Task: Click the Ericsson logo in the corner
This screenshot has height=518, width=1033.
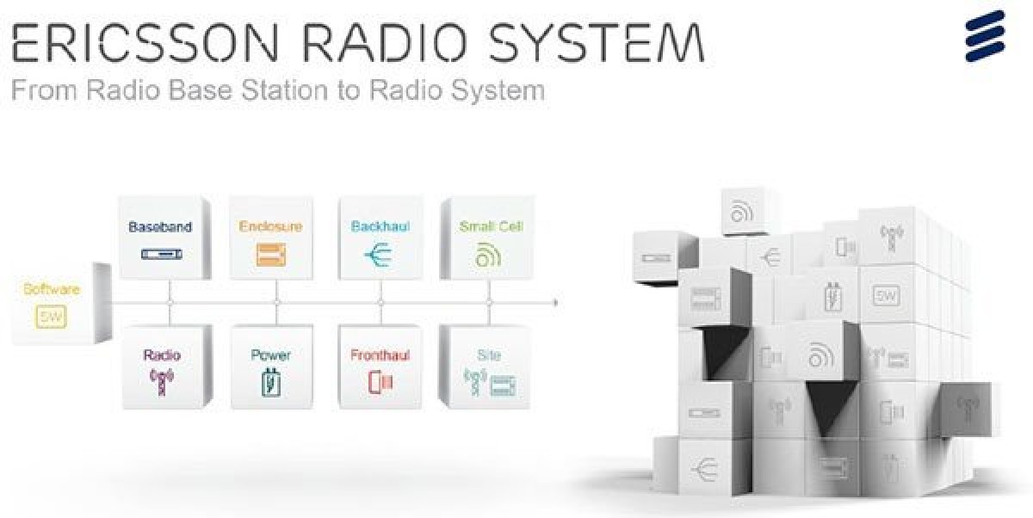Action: tap(985, 36)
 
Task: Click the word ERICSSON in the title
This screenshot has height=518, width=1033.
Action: tap(145, 43)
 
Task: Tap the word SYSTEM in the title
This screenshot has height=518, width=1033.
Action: tap(597, 43)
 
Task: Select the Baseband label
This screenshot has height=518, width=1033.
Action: tap(160, 227)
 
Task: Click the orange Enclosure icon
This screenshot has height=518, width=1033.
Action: tap(270, 255)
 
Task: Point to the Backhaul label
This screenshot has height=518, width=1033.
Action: tap(380, 226)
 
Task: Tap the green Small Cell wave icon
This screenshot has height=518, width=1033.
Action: tap(488, 255)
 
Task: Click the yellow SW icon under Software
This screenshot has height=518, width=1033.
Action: tap(51, 317)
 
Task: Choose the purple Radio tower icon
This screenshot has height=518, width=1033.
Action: tap(162, 381)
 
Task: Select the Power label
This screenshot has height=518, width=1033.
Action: tap(270, 355)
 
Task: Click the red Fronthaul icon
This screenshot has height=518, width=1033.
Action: tap(380, 383)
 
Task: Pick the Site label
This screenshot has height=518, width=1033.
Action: tap(489, 355)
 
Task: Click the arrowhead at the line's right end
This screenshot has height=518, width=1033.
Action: tap(556, 303)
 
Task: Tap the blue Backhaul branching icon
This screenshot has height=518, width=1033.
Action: tap(378, 255)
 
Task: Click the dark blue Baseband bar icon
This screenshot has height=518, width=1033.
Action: tap(162, 254)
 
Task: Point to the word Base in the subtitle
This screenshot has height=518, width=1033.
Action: tap(200, 89)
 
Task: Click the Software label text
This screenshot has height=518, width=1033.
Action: tap(52, 289)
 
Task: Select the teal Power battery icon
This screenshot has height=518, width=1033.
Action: tap(270, 381)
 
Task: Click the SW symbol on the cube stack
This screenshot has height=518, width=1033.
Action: tap(886, 295)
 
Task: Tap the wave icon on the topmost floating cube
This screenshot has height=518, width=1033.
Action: tap(741, 212)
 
